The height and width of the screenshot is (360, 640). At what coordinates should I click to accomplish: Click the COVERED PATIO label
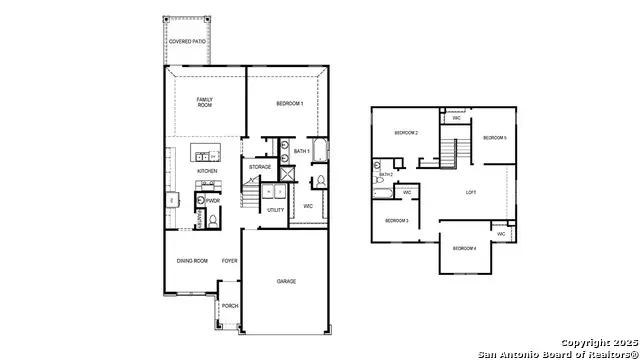[x=187, y=41]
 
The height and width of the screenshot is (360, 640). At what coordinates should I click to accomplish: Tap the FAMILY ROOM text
[x=204, y=102]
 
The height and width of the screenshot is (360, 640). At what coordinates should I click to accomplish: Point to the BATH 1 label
[x=301, y=150]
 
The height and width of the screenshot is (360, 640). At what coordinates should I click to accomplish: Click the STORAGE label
[x=260, y=167]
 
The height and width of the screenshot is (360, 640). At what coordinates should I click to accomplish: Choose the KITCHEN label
[x=207, y=171]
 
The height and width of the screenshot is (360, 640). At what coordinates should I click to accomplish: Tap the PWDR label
[x=213, y=200]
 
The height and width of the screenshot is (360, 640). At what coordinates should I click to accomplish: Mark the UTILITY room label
[x=275, y=210]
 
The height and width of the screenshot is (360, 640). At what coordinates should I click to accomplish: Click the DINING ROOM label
[x=191, y=261]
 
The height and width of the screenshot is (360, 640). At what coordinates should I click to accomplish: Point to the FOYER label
[x=229, y=261]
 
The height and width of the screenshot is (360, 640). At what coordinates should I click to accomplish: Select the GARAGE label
[x=286, y=282]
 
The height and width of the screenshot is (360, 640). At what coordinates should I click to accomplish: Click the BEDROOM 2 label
[x=405, y=133]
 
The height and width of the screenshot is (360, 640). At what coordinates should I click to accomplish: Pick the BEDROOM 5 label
[x=494, y=138]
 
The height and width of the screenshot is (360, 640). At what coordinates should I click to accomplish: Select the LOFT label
[x=471, y=192]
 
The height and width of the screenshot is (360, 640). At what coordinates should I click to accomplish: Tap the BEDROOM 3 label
[x=397, y=220]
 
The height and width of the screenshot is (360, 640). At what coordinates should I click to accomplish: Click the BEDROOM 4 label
[x=463, y=248]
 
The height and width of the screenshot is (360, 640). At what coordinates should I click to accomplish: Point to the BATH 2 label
[x=386, y=174]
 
